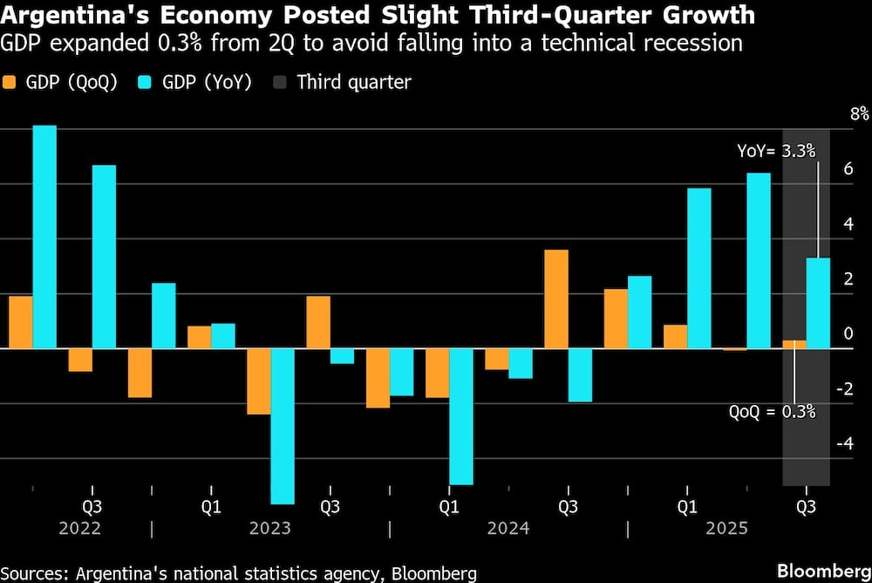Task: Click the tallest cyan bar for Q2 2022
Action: (x=44, y=237)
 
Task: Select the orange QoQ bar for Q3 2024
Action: (x=556, y=298)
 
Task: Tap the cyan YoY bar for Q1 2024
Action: (x=461, y=416)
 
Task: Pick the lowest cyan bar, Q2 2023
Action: (x=283, y=426)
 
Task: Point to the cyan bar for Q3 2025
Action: (x=818, y=303)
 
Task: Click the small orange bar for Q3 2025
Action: (x=794, y=344)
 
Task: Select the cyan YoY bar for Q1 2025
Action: (x=698, y=268)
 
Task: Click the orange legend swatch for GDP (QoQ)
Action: (x=10, y=83)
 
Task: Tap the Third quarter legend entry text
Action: (x=353, y=83)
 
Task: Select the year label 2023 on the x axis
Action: (x=270, y=528)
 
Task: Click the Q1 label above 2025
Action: (x=687, y=506)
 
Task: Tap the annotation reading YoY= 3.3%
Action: (x=776, y=151)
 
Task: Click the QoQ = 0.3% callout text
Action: (x=772, y=411)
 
